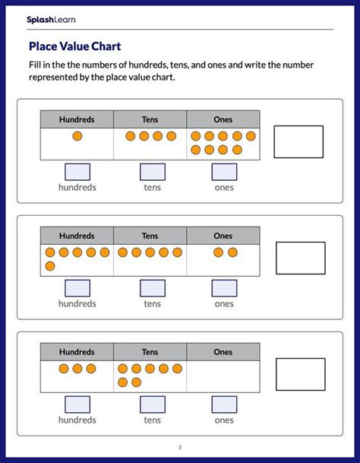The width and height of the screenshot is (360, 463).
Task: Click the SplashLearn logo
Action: click(52, 19)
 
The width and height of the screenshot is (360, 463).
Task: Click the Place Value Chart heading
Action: click(74, 46)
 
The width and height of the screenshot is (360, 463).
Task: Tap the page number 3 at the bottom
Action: click(180, 447)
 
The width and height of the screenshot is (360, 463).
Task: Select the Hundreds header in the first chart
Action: click(77, 119)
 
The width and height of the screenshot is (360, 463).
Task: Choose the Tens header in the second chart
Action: click(150, 236)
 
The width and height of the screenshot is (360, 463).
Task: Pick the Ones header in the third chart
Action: click(223, 352)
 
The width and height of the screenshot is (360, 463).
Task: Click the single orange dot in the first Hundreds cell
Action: click(77, 136)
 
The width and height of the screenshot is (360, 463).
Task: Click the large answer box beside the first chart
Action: click(298, 141)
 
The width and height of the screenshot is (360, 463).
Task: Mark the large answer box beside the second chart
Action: click(300, 258)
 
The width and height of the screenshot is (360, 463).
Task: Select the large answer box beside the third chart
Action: click(300, 374)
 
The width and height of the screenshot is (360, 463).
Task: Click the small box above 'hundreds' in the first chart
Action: click(77, 172)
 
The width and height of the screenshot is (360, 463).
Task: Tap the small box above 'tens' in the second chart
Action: click(153, 288)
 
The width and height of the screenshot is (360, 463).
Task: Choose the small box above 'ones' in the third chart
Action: click(224, 404)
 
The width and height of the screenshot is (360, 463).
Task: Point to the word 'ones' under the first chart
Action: click(224, 187)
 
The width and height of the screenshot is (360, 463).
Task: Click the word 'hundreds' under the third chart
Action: click(77, 420)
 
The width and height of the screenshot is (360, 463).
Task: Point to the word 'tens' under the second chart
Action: click(153, 303)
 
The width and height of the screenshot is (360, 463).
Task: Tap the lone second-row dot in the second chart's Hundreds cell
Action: click(50, 265)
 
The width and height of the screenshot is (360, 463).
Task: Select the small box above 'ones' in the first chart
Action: click(224, 172)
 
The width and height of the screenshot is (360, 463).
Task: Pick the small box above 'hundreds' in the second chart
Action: click(77, 288)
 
